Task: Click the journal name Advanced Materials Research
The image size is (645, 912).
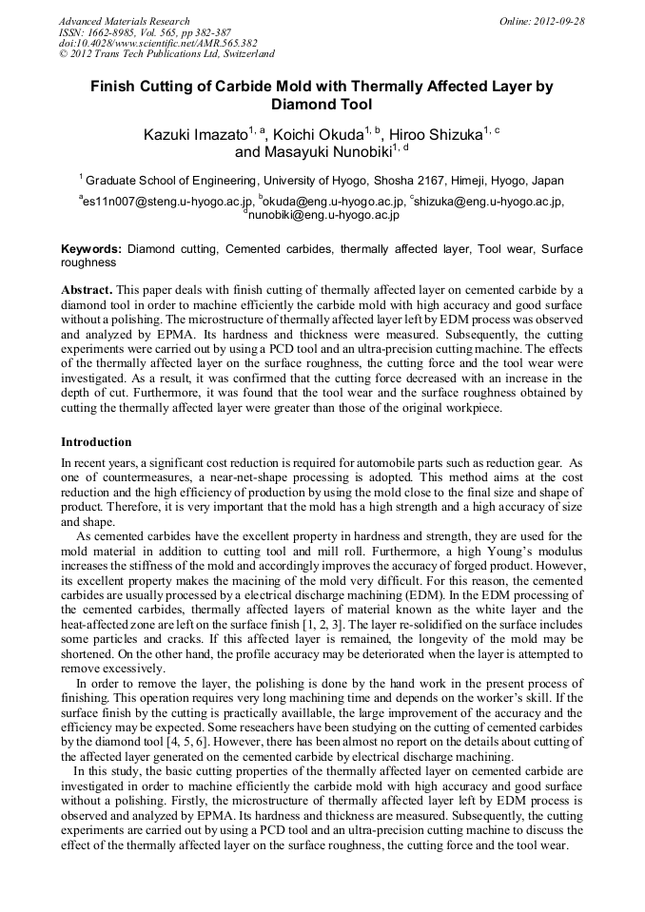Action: [124, 21]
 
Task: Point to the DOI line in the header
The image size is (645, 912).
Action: [158, 43]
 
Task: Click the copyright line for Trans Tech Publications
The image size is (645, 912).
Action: [166, 54]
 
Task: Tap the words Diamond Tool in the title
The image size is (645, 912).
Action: [322, 105]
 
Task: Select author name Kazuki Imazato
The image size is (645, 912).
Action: [194, 134]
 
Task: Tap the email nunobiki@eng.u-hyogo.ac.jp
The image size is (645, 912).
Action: [323, 216]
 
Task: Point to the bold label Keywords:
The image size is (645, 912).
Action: [91, 249]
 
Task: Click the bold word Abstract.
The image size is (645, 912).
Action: [87, 288]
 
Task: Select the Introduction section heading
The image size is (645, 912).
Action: [96, 442]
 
